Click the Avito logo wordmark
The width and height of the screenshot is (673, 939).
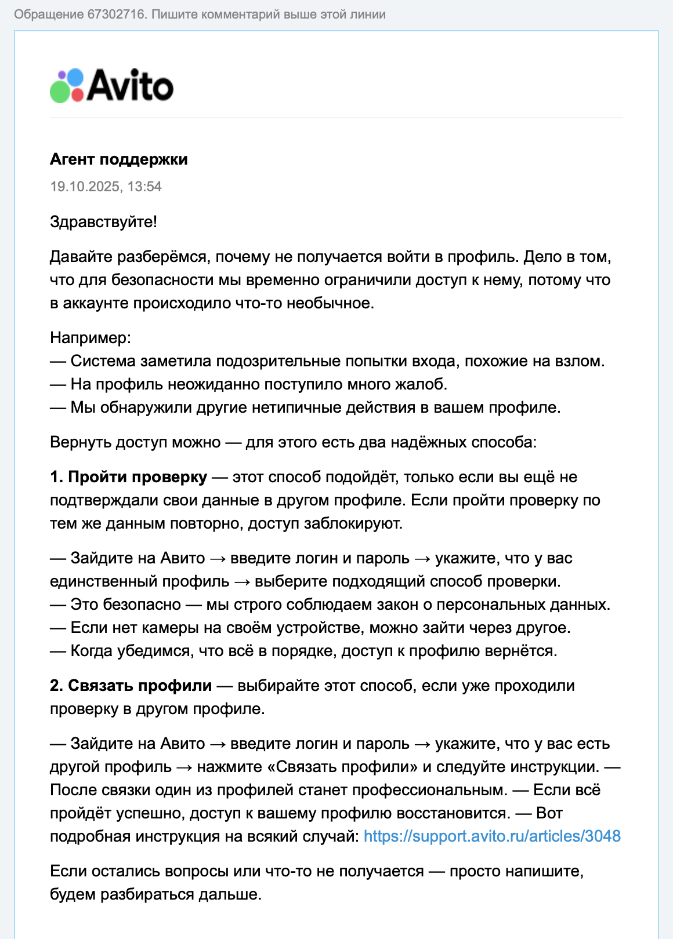click(131, 86)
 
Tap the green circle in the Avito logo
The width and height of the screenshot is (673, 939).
click(60, 92)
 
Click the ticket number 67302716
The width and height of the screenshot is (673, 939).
click(117, 14)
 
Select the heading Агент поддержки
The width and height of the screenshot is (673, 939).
click(119, 159)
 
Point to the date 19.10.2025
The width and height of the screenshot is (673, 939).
click(85, 187)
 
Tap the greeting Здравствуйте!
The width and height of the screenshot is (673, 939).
click(103, 222)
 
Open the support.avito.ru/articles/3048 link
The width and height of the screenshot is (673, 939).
click(492, 836)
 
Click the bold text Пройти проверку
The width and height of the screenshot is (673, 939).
click(138, 477)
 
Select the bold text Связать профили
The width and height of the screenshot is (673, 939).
click(140, 686)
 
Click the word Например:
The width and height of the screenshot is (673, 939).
click(91, 338)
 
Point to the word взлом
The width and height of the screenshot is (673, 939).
click(582, 361)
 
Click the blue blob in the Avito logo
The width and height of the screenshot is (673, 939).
click(75, 77)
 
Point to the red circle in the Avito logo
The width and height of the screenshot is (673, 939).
click(77, 95)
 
